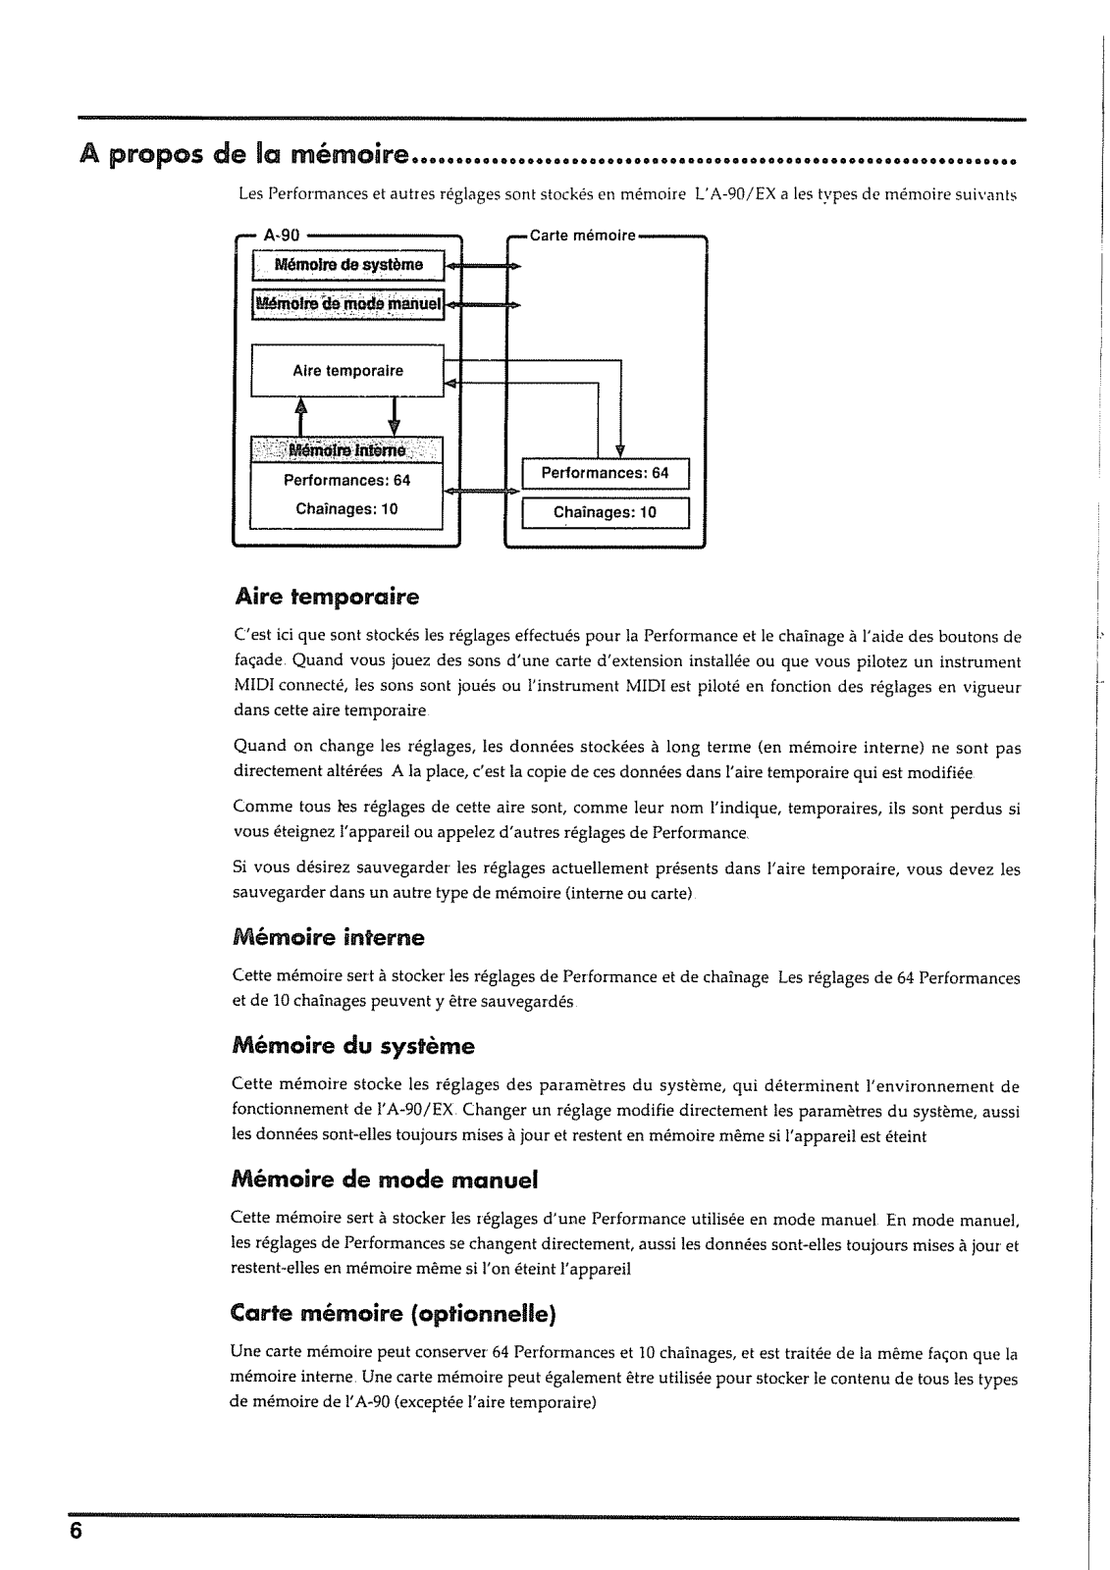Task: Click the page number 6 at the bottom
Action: [x=74, y=1532]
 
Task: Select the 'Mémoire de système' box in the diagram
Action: [x=348, y=265]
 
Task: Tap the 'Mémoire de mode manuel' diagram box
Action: [x=348, y=304]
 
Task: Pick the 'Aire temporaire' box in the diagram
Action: [x=347, y=371]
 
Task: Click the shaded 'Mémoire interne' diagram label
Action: [x=347, y=451]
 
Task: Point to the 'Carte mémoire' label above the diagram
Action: [x=582, y=235]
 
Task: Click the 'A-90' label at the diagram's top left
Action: [x=284, y=235]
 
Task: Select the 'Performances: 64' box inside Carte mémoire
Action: [x=606, y=473]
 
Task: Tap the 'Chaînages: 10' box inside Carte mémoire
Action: [x=606, y=512]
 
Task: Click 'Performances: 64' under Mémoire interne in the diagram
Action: [x=347, y=481]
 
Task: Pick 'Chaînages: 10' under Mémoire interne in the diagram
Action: [x=347, y=509]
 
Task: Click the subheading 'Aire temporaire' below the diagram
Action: [x=327, y=597]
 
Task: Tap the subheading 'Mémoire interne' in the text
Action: [x=329, y=938]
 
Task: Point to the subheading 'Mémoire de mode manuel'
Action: [x=385, y=1179]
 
